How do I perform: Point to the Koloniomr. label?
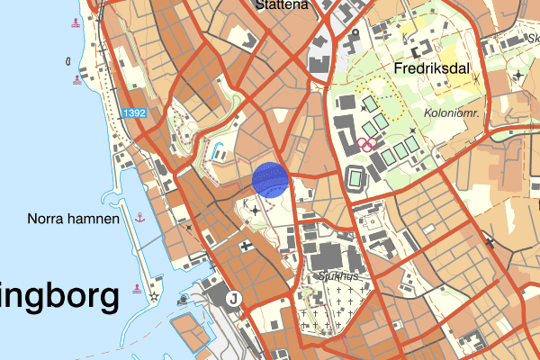point(451,113)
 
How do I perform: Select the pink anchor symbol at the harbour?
point(139,217)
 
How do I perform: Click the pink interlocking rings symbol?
point(366,143)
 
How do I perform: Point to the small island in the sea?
point(68,61)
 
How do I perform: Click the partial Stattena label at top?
point(282,4)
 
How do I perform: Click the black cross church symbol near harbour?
point(245,244)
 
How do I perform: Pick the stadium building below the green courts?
point(355,178)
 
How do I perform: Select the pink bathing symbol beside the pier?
point(136,288)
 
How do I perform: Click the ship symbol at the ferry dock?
point(184,301)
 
